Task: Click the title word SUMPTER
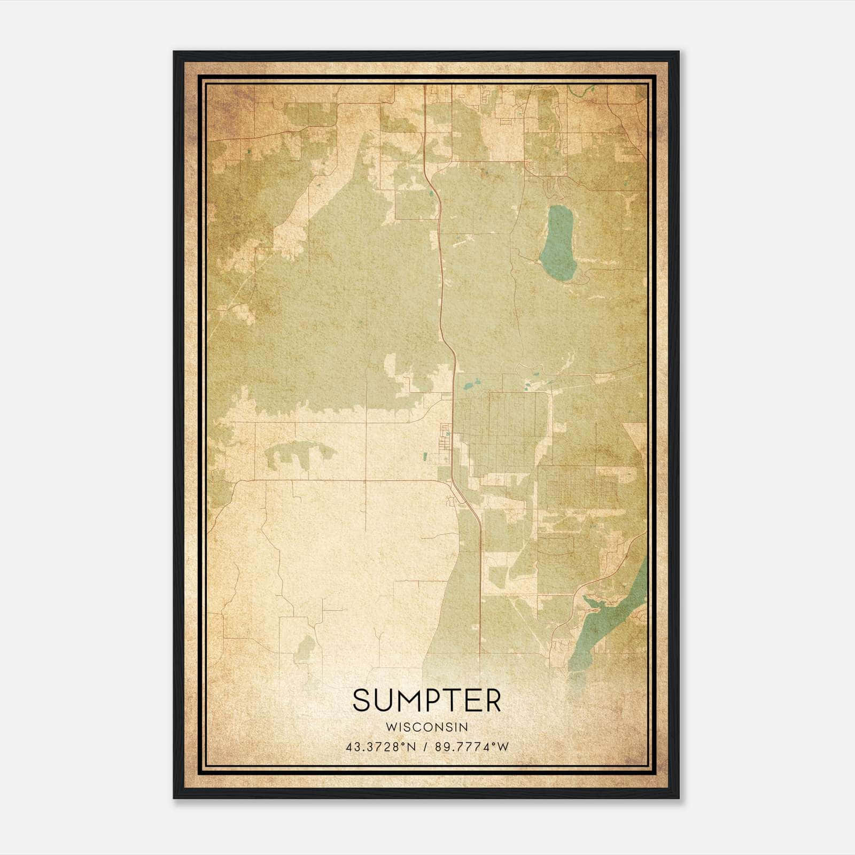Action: (427, 700)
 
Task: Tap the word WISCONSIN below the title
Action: (427, 727)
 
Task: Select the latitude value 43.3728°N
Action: (380, 747)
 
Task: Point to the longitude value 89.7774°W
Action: (470, 747)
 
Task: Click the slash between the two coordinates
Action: (425, 747)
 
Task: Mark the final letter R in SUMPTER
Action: (493, 700)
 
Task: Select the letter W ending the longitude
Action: (503, 747)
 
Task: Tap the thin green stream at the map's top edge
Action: (580, 91)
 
